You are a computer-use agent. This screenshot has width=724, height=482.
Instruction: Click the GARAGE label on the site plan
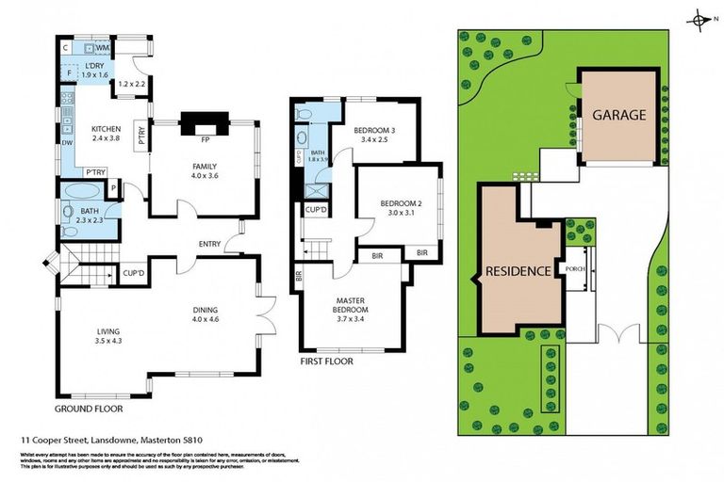[x=618, y=115]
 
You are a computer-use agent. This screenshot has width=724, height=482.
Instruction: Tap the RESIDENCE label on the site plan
[x=518, y=271]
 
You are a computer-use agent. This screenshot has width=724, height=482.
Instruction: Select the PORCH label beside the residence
[x=574, y=268]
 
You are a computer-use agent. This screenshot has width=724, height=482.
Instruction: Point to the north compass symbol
[x=699, y=20]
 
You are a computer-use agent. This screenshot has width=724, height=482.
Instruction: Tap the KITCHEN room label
[x=106, y=129]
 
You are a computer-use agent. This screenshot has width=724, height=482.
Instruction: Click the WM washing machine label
[x=102, y=47]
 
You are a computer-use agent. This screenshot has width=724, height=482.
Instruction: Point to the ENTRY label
[x=209, y=245]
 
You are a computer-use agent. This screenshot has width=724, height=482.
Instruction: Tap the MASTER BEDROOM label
[x=350, y=305]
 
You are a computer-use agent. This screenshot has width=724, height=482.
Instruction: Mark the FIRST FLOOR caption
[x=326, y=361]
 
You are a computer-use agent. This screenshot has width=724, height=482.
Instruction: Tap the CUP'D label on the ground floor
[x=134, y=273]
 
